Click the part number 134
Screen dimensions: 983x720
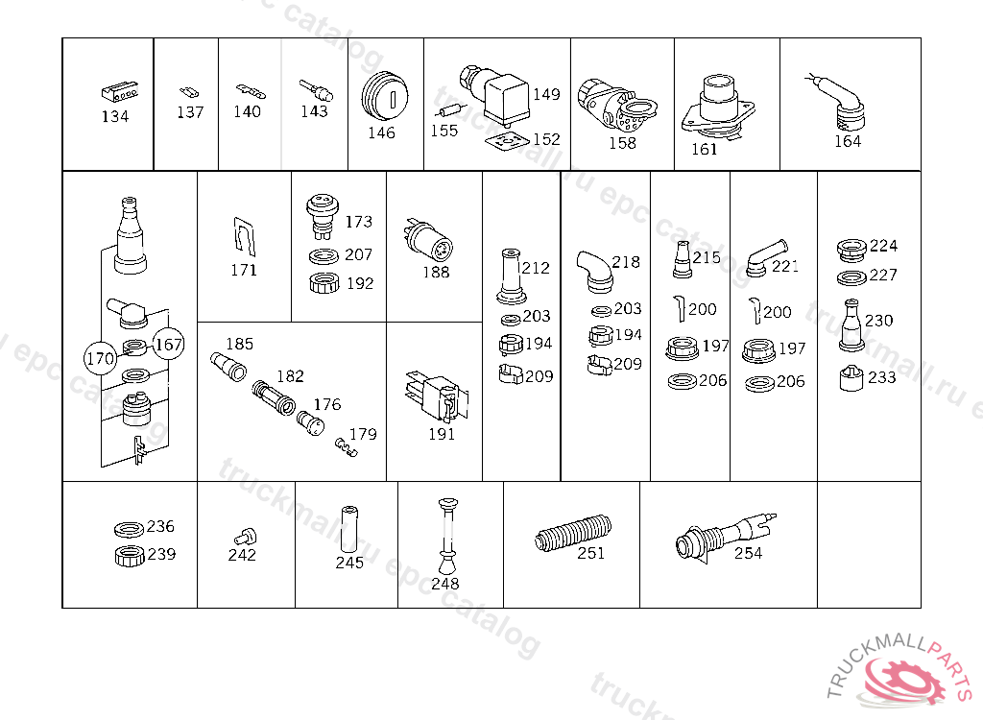[115, 116]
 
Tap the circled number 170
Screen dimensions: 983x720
[100, 358]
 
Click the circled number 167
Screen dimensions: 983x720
[168, 344]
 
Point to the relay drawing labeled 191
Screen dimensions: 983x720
[437, 396]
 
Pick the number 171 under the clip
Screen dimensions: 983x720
[244, 270]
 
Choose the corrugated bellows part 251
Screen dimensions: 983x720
[572, 534]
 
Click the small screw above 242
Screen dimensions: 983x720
[245, 537]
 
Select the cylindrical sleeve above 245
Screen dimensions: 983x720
[349, 530]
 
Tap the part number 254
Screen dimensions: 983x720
[748, 553]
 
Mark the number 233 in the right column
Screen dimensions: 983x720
[881, 377]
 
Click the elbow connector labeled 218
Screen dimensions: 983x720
[593, 272]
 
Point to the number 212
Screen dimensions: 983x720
[535, 268]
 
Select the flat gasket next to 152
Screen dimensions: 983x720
[507, 142]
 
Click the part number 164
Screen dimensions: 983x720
[848, 141]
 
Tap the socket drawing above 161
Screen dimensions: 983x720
[718, 107]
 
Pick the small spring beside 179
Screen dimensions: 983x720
[346, 446]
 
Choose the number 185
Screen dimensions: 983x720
[239, 344]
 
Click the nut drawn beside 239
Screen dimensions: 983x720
[130, 556]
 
